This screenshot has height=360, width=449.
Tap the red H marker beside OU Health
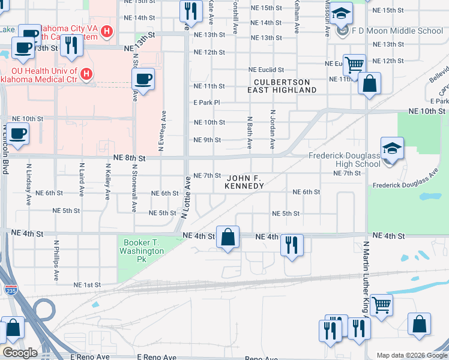click(86, 75)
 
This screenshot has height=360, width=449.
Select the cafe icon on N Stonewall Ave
click(143, 79)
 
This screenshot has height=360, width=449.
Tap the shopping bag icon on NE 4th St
click(228, 237)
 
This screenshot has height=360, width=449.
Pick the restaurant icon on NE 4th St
click(292, 245)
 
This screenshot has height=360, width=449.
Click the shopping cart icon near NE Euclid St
click(355, 64)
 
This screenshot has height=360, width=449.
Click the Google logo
click(20, 353)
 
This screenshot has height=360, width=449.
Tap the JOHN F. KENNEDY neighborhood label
click(244, 182)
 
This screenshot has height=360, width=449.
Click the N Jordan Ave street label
click(273, 129)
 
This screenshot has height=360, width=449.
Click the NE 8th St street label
click(129, 158)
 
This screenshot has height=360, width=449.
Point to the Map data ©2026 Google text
click(411, 355)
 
